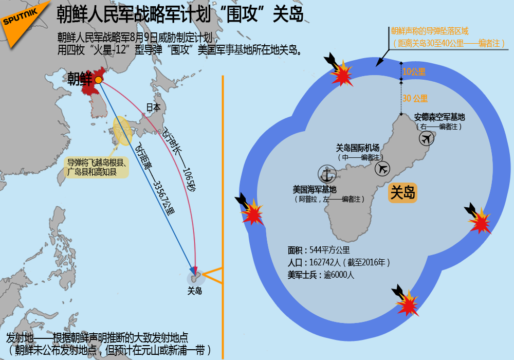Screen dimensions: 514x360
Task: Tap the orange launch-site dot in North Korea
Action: coord(98,80)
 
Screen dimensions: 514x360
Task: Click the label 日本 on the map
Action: coord(153,107)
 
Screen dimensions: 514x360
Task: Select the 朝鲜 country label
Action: coord(80,79)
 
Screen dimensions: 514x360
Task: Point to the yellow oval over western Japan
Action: coord(123,131)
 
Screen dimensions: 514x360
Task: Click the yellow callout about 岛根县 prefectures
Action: coord(97,167)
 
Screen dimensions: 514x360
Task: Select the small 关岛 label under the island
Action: coord(195,291)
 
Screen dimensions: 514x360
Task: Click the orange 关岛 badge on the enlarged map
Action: coord(402,192)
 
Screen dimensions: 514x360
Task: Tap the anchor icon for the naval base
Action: coord(327,174)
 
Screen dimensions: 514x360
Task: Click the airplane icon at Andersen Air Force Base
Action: coord(427,138)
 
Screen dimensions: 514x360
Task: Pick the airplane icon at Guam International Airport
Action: coord(382,169)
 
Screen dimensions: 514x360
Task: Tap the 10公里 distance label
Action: coord(414,72)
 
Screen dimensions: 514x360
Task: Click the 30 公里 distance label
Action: coord(415,98)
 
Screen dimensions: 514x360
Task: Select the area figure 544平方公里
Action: coord(330,250)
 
